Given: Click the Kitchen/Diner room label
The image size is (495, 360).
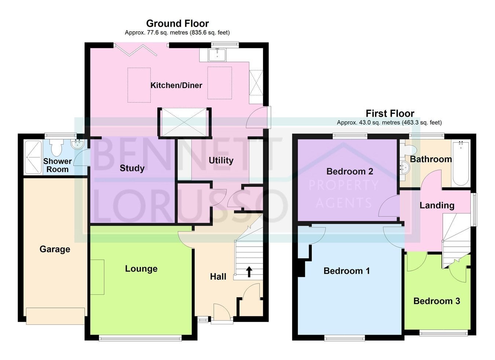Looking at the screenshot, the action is coord(176,86).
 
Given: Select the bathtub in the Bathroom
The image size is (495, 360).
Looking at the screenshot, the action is coord(461,163).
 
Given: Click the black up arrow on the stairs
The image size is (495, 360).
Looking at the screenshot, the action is coord(249,272).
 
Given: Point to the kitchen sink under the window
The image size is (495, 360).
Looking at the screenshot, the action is coord(217,55).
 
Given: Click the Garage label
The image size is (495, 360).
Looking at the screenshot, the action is coord(55,249).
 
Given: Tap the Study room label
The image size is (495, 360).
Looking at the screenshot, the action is coord(132,168).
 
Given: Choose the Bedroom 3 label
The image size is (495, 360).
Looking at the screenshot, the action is coord(437,301).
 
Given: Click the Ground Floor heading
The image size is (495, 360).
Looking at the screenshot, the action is coord(177,23).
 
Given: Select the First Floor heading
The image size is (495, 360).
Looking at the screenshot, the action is coord(390,113).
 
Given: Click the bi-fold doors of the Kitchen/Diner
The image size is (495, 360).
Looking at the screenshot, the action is coord(136,50).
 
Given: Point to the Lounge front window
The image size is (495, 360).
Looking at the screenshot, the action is coord(140,338).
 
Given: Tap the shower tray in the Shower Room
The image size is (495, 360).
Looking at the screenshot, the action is coord(33,157).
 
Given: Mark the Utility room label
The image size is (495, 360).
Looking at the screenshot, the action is coord(221,160).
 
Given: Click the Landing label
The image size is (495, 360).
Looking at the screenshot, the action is coord(437,206).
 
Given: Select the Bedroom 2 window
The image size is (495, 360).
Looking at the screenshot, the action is coord(350,136).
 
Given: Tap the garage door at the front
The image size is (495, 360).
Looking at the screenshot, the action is coord(55,316).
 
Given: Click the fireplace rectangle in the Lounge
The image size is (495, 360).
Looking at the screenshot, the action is coord(97,277).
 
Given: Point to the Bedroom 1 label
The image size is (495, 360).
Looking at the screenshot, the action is coord(346,271).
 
